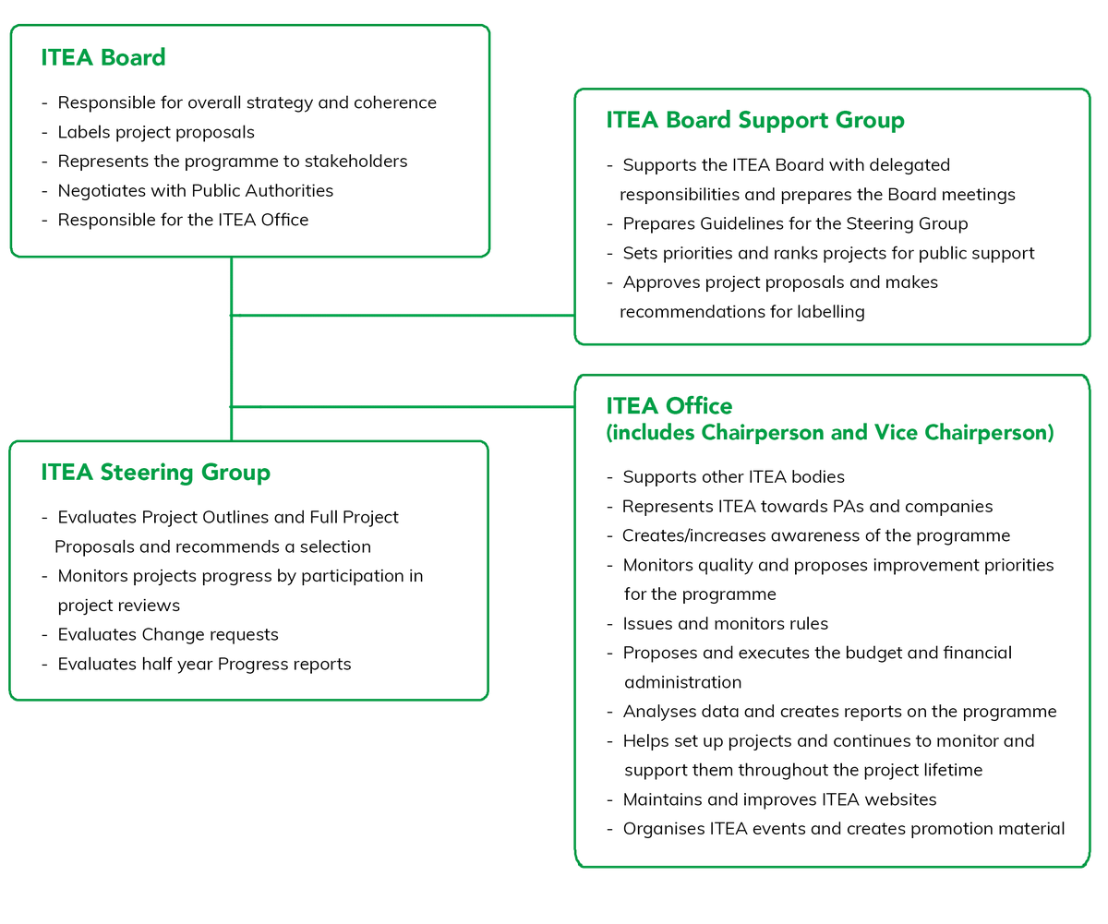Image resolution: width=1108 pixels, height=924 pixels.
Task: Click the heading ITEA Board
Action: click(103, 57)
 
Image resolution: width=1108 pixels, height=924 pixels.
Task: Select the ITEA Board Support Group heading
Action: click(754, 120)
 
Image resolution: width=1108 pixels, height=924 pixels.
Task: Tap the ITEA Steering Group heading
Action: click(155, 473)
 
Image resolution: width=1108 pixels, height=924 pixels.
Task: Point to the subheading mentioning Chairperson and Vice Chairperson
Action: click(829, 432)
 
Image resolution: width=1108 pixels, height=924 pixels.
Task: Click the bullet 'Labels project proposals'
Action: click(156, 132)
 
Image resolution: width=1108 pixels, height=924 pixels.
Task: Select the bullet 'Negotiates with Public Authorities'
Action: click(195, 191)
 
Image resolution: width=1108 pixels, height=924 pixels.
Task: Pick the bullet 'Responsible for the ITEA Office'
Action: click(183, 220)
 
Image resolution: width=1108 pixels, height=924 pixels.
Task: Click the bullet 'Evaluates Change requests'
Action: click(167, 634)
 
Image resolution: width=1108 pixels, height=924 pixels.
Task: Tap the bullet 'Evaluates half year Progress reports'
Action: click(204, 664)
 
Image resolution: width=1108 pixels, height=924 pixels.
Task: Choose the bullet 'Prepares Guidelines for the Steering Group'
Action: click(795, 223)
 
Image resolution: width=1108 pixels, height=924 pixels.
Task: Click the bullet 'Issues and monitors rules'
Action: click(725, 623)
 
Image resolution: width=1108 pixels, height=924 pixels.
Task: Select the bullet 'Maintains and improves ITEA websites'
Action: click(779, 799)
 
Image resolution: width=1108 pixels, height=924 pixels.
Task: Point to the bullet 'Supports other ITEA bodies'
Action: click(733, 476)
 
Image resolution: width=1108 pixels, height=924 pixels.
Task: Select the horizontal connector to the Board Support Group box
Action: click(402, 316)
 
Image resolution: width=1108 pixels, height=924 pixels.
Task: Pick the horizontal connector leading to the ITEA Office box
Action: click(402, 407)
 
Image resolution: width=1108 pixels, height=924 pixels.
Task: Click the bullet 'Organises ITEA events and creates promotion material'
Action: click(843, 829)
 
